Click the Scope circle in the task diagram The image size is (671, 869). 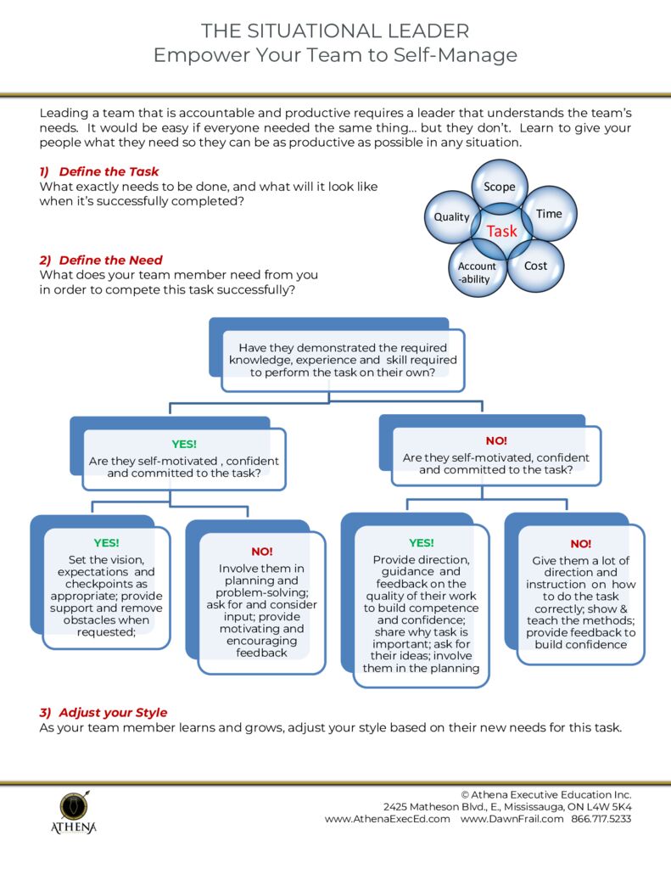(499, 185)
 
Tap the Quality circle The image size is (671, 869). (451, 216)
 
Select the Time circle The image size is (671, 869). (549, 214)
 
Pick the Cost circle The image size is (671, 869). (535, 266)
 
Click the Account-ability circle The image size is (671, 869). (476, 272)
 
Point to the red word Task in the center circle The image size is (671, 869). (501, 231)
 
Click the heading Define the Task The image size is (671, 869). (109, 171)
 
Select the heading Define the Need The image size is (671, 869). (110, 261)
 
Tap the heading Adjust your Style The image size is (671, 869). (113, 712)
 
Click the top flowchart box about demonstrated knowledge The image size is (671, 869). (342, 360)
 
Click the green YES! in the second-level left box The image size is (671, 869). (184, 444)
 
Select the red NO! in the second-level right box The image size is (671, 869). (496, 440)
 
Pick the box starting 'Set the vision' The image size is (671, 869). (106, 589)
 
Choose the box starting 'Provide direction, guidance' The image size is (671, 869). (421, 604)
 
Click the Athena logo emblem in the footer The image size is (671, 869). (72, 805)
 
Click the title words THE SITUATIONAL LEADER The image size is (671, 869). (335, 31)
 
